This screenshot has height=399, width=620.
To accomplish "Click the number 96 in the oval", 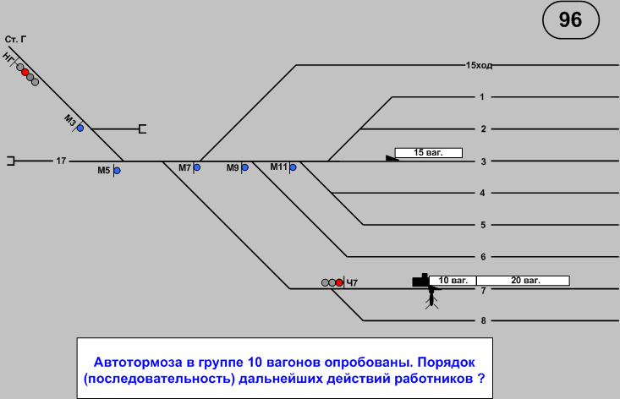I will pos(571,19).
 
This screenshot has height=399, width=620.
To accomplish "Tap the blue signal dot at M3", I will pos(80,128).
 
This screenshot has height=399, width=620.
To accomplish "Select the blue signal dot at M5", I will pos(117,171).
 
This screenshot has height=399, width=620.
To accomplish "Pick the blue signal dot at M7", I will pos(197,167).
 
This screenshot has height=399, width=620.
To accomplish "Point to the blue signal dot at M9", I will pos(244,167).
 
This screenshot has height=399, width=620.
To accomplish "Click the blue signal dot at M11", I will pos(293,167).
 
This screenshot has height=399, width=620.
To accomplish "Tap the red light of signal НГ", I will pos(25,72).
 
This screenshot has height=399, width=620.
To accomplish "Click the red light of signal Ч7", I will pos(339,282).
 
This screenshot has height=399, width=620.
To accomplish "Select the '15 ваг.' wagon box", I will pos(430,153).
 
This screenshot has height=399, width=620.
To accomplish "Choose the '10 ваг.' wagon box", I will pos(453,280).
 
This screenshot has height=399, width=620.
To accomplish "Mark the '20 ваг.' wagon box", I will pos(522,280).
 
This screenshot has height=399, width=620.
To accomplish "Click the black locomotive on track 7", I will pos(420,280).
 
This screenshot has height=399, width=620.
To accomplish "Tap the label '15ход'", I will pos(479,65).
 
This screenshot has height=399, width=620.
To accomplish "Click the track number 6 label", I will pos(481,257).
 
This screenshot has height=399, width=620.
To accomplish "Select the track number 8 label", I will pos(481,320).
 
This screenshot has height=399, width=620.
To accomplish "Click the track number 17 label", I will pos(61,160).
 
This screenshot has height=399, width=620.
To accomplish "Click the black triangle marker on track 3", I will pos(392,157).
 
